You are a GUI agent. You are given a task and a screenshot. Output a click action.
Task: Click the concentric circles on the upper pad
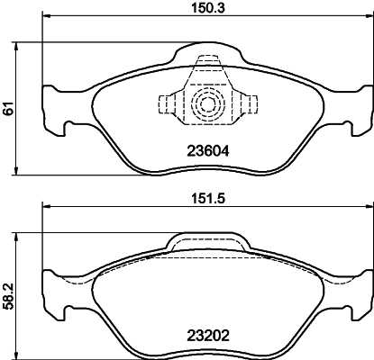coord(208,103)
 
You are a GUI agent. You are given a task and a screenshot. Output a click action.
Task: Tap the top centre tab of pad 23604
coord(208,65)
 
